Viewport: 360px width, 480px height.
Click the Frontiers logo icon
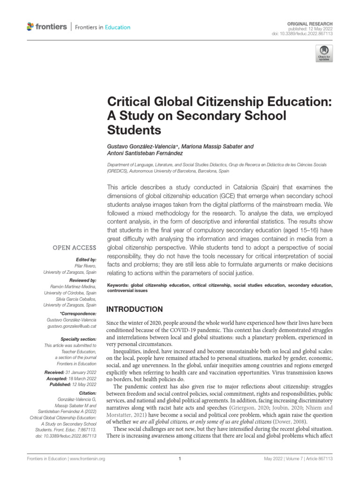[31, 27]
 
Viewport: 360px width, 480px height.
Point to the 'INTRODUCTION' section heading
[135, 309]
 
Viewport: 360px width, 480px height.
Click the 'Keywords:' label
[118, 285]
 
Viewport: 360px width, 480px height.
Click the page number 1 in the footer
[180, 459]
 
